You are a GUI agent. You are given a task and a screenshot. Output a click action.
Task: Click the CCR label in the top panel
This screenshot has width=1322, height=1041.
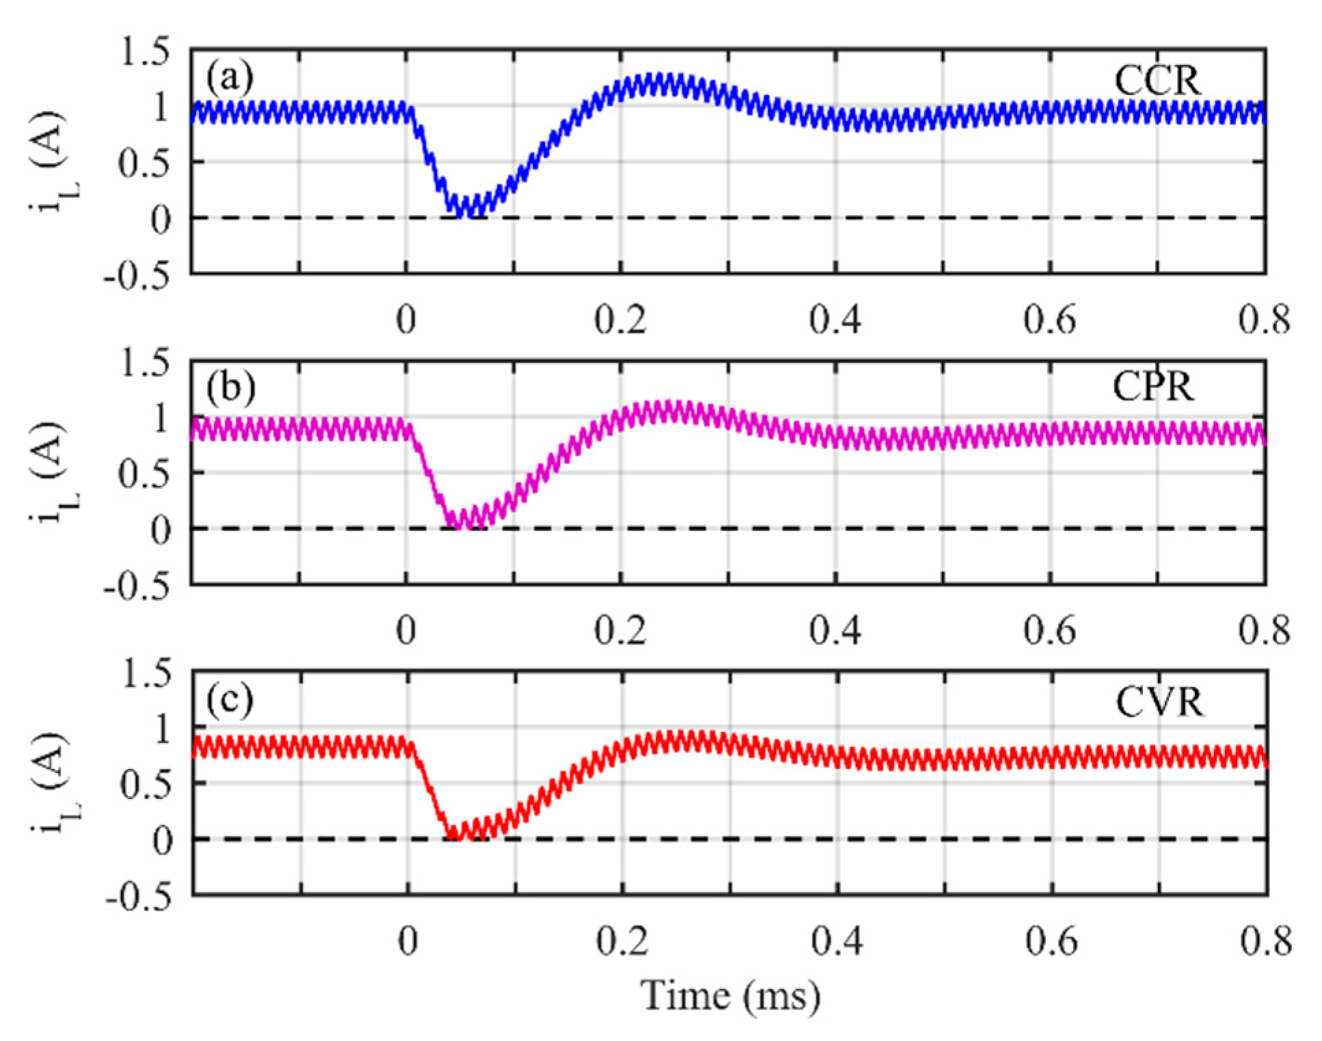tap(1157, 81)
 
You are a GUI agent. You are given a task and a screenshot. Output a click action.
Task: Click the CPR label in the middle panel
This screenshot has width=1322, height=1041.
tap(1153, 387)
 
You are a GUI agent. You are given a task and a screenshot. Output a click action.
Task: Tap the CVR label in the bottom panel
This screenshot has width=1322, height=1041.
tap(1159, 702)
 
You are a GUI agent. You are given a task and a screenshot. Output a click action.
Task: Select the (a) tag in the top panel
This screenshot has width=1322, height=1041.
tap(230, 77)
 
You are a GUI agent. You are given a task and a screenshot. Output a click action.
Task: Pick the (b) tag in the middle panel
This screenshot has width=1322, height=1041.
tap(230, 387)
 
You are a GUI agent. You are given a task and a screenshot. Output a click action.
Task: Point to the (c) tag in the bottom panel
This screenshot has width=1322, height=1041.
tap(230, 699)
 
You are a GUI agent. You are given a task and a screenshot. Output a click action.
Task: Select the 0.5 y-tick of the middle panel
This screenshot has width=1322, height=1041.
tap(144, 473)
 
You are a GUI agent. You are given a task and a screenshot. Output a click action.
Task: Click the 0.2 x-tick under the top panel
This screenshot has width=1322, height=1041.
tap(620, 320)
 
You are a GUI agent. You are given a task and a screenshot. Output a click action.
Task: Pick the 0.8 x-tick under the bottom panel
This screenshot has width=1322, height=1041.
tap(1266, 941)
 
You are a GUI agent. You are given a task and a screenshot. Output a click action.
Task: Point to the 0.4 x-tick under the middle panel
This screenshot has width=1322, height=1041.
tap(835, 630)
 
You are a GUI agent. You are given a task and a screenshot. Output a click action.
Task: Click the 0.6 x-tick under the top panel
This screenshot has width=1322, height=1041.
tap(1050, 320)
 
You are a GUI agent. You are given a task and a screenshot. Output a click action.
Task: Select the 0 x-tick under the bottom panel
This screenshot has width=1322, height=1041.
tap(408, 941)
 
